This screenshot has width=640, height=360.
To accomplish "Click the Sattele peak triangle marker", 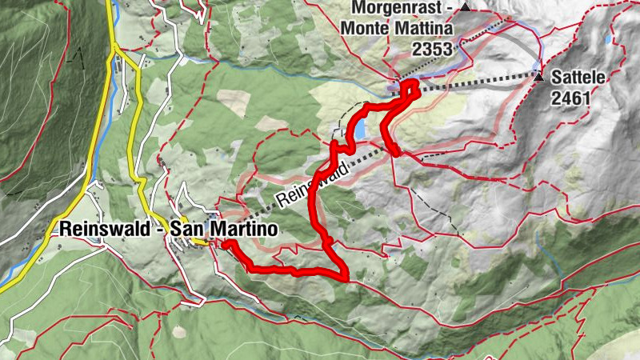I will coord(539,78).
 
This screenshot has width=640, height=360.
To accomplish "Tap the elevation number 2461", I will coord(570,98).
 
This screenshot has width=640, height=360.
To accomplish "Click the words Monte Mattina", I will coord(397,29).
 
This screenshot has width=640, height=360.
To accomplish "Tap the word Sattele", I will coord(577,78).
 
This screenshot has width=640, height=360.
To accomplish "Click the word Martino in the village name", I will coord(247,230).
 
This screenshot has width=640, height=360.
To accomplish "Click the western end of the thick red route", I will coord(226,244).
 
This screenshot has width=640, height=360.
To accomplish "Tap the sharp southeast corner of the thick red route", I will coord(346,277).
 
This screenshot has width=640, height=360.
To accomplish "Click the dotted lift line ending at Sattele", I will coord(480,83).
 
